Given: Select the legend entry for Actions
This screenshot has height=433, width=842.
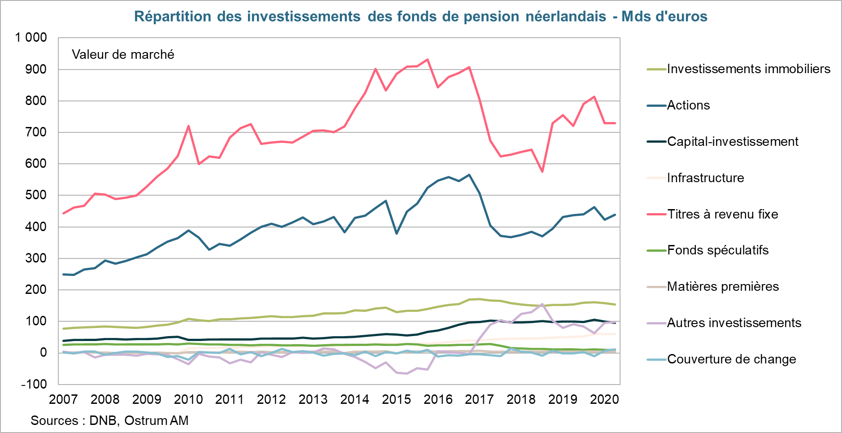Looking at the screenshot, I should tap(688, 105).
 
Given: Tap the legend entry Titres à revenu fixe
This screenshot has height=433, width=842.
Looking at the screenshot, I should tap(722, 214).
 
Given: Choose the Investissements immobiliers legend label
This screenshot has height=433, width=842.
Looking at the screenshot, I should tap(748, 69).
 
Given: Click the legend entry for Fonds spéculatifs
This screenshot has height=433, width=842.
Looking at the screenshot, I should tap(717, 250).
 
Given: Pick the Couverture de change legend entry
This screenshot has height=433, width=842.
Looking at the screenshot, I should tap(731, 359).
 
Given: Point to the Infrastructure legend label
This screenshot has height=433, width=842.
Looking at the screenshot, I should tap(705, 178).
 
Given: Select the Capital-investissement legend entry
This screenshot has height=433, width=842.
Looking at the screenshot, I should tap(733, 141).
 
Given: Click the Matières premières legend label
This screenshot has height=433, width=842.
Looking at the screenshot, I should tap(723, 286).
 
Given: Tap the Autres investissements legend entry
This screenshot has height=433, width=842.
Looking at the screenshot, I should tap(734, 323).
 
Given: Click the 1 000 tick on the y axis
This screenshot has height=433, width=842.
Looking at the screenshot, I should tap(31, 38).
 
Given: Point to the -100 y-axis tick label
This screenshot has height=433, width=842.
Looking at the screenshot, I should tap(34, 384).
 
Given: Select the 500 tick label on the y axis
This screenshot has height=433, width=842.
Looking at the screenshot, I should tap(36, 195).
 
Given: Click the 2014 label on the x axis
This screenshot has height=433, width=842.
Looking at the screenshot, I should tap(355, 399).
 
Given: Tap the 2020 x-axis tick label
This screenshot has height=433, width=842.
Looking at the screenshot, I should tap(604, 399).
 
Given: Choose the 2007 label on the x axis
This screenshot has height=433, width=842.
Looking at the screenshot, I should tap(63, 399).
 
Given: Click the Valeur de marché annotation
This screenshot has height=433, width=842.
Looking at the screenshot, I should tap(123, 55).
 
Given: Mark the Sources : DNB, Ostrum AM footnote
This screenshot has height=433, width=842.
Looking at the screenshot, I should tap(109, 420).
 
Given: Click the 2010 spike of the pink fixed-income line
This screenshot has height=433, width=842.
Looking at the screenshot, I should tap(188, 126).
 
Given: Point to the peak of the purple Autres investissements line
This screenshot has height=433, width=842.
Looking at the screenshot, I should tap(542, 304).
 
